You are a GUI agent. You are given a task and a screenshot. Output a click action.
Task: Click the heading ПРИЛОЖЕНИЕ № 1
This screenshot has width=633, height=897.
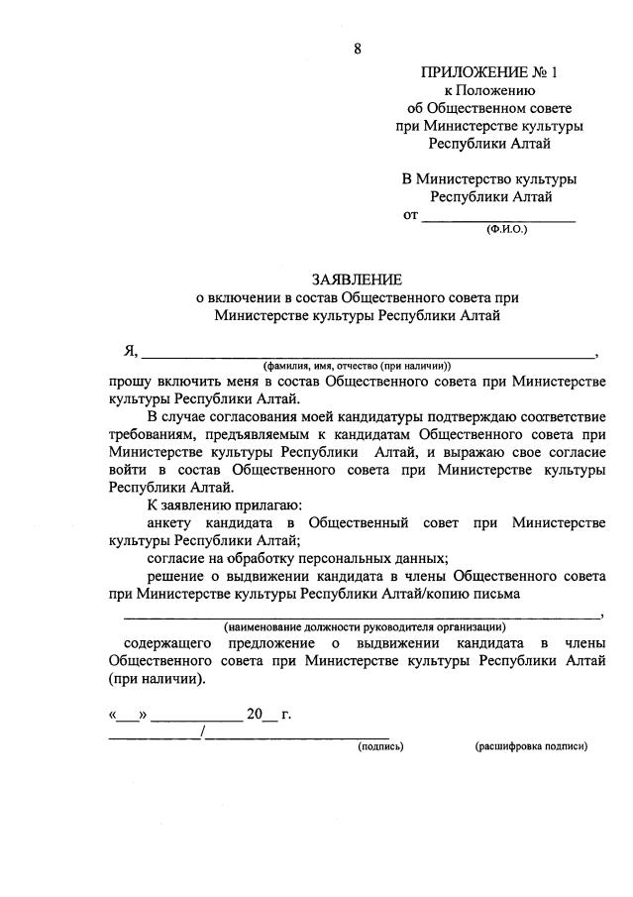coord(489,72)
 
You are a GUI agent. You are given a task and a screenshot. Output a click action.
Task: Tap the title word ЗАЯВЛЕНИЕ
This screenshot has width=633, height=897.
coord(357,280)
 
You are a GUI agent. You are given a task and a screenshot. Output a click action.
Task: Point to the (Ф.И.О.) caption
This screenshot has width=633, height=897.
coord(506,230)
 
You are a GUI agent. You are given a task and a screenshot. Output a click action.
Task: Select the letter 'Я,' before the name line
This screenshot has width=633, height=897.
coord(129,351)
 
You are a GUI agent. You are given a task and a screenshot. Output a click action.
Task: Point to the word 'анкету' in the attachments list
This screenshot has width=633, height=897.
coord(171,523)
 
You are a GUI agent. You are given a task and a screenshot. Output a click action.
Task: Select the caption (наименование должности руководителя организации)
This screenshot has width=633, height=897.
coord(365,626)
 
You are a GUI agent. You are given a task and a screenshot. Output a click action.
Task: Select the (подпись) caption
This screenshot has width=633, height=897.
coord(381,746)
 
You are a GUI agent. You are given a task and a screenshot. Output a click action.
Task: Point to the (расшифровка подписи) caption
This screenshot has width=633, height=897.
coord(531,746)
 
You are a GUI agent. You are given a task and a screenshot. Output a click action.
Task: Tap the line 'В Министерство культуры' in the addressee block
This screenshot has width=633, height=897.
coord(488,179)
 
